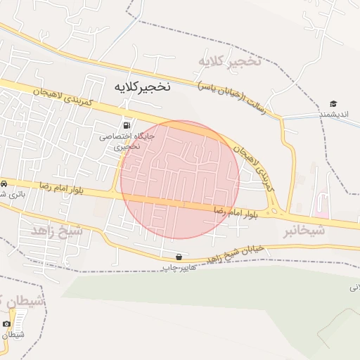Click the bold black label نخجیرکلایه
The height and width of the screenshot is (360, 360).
142,86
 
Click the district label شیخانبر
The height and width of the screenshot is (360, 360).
305,230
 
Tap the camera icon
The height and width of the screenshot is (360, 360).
7,323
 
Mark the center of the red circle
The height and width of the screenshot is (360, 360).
180,180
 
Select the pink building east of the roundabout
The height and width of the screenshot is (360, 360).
323,205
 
